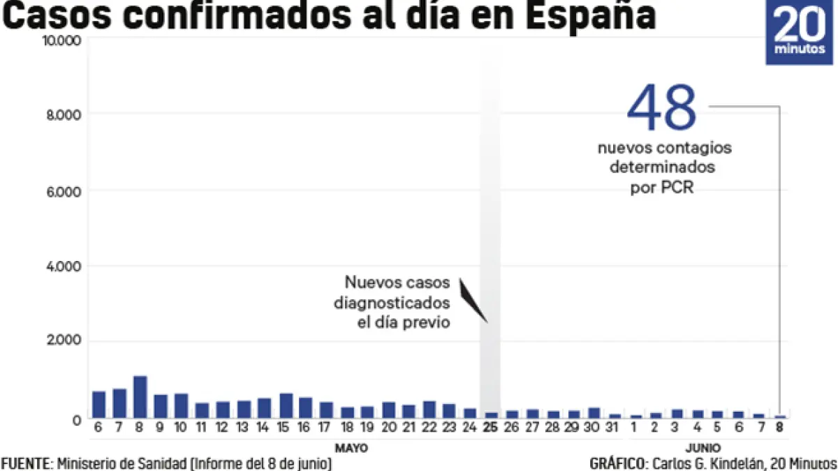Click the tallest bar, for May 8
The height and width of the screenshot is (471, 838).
click(140, 396)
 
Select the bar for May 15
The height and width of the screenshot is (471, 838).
click(286, 405)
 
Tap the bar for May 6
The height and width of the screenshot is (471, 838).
click(98, 404)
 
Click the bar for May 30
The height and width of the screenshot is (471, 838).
click(594, 412)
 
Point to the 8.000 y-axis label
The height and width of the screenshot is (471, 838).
click(62, 114)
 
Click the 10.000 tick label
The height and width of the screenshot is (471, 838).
click(61, 40)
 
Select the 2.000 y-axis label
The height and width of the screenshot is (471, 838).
click(62, 341)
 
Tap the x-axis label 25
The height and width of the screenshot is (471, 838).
click(491, 427)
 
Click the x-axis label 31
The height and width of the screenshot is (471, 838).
click(615, 427)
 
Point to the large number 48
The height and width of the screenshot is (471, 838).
click(661, 108)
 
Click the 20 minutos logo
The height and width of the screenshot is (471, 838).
click(800, 32)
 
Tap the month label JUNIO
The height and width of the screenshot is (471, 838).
click(698, 447)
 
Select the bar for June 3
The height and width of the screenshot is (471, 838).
click(677, 413)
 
